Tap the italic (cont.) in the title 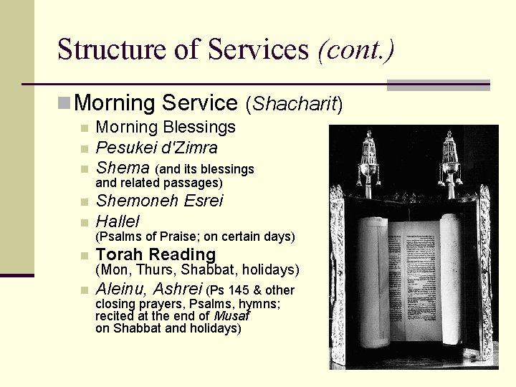(x=355, y=49)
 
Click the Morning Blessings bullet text (x=166, y=128)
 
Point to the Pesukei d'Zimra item (x=156, y=148)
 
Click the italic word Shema (x=123, y=168)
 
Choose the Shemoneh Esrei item (x=159, y=201)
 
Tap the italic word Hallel (x=118, y=221)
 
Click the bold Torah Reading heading (x=156, y=254)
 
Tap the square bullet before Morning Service (x=64, y=103)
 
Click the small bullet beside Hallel (x=84, y=221)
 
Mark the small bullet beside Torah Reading (x=84, y=254)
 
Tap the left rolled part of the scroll (x=373, y=279)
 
